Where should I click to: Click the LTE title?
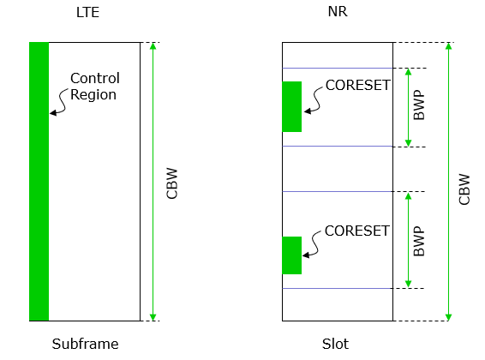click(x=88, y=12)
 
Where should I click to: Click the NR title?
click(x=338, y=11)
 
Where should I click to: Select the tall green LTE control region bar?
click(x=39, y=182)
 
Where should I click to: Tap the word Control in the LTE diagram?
click(x=95, y=78)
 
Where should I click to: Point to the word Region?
click(x=93, y=94)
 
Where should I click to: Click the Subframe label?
click(x=85, y=344)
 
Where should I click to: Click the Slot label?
click(x=335, y=344)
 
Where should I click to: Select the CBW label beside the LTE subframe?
click(x=172, y=183)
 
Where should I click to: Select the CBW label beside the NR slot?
click(x=464, y=189)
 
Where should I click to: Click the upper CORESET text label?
click(x=358, y=86)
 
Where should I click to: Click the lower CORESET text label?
click(x=357, y=231)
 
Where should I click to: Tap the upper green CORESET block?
click(x=291, y=106)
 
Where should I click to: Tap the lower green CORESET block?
click(x=291, y=255)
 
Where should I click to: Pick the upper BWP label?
click(x=419, y=105)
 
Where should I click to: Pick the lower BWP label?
click(x=419, y=241)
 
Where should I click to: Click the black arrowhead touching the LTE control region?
click(x=53, y=113)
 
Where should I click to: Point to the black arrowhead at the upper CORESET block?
click(x=307, y=111)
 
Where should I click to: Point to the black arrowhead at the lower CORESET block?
click(x=306, y=255)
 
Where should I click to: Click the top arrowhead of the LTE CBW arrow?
click(x=153, y=45)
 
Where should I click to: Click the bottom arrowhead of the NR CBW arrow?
click(x=448, y=317)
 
